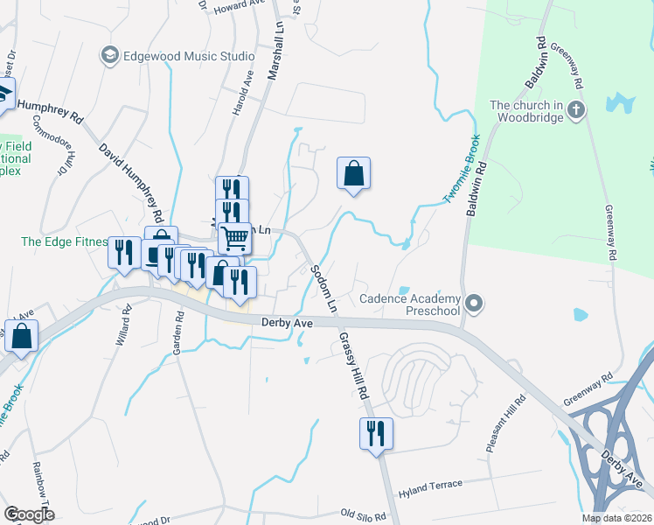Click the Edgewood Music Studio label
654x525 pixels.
point(189,56)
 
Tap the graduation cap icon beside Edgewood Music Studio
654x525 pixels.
point(110,56)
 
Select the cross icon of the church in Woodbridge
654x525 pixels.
point(575,109)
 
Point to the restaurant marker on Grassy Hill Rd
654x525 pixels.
point(376,434)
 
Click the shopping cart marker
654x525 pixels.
point(234,237)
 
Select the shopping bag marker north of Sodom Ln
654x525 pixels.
point(353,173)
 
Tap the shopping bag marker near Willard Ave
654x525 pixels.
point(21,336)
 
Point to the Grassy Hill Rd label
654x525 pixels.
point(353,367)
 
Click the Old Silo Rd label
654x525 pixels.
point(363,515)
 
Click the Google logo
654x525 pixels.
point(30,514)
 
